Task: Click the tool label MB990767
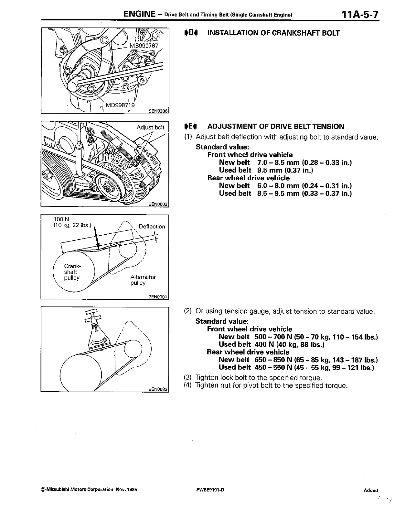click(x=144, y=46)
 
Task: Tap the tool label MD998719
click(x=120, y=105)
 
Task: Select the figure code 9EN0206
click(x=158, y=111)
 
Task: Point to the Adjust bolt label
click(x=150, y=127)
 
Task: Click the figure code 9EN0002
click(x=158, y=204)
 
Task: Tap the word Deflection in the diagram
click(x=152, y=227)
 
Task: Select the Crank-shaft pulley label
click(x=72, y=272)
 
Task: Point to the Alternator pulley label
click(x=143, y=280)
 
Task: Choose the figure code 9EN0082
click(x=158, y=389)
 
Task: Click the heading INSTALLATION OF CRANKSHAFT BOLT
click(x=273, y=33)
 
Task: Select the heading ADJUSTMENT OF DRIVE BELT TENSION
click(x=276, y=127)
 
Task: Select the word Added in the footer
click(x=370, y=490)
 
